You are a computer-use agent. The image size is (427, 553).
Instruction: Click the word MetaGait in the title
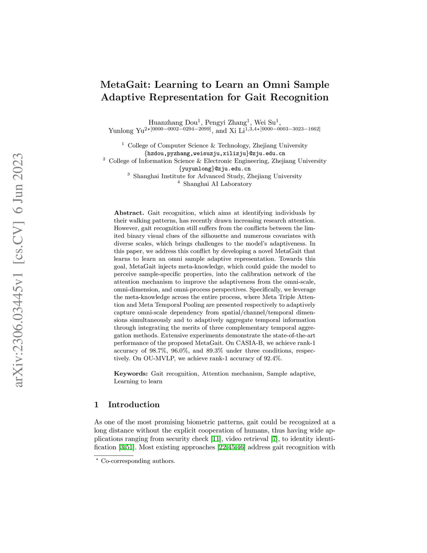tap(126, 85)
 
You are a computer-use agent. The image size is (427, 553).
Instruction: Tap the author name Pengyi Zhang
tap(226, 123)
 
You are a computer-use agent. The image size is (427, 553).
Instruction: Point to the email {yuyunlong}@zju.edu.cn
tap(215, 169)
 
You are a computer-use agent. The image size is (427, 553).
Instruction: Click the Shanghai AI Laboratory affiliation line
tap(217, 184)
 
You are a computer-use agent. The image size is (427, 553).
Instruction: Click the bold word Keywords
tap(131, 374)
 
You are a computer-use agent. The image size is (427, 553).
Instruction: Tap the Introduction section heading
tap(133, 404)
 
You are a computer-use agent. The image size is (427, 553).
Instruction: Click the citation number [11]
tap(216, 439)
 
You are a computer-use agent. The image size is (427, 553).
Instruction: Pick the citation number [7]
tap(274, 439)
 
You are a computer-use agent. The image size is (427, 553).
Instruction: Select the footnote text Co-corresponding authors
tap(138, 461)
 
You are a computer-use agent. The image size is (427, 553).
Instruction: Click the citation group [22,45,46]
tap(231, 447)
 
